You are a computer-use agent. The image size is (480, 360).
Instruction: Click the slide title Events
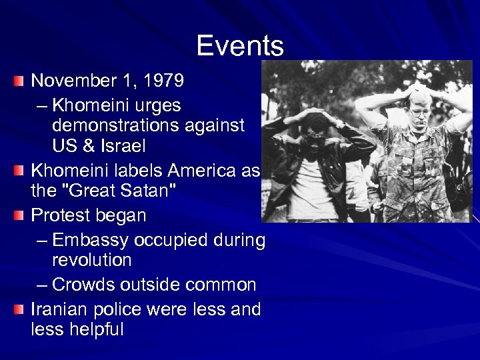coord(240,46)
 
